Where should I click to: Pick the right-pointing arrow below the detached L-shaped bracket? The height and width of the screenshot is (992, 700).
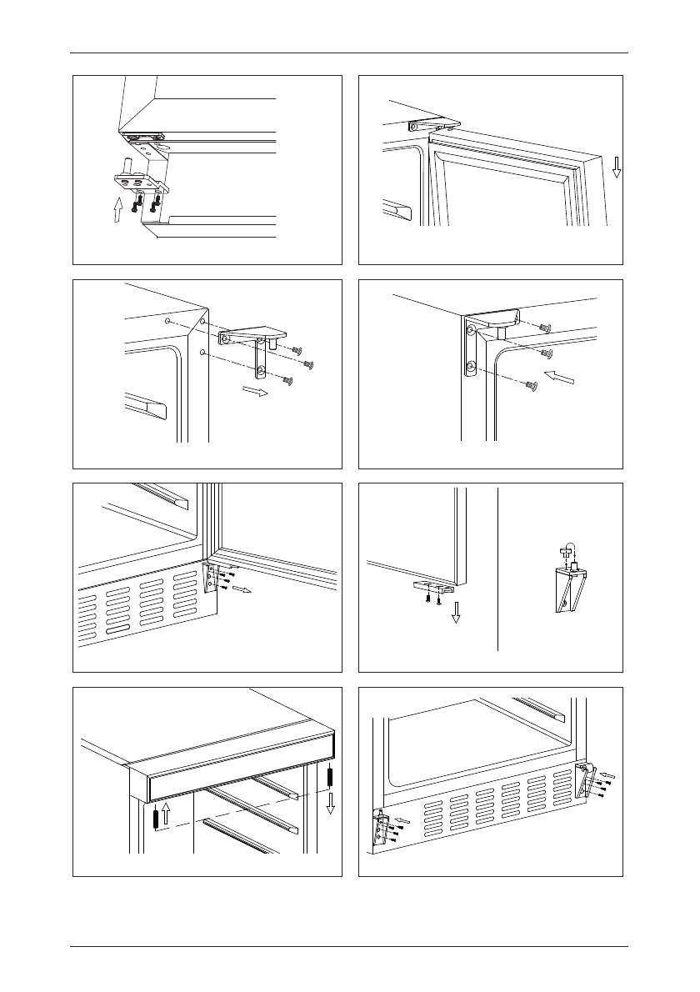pos(255,392)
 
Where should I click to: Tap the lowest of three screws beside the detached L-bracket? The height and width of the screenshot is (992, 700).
pos(288,381)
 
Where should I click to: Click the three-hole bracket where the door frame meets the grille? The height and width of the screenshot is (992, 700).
pos(211,578)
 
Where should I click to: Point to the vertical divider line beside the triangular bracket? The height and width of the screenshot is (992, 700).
pos(497,567)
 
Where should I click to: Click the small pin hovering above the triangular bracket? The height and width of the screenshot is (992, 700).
pos(566,549)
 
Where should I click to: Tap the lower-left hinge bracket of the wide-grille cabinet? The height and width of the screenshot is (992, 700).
pos(381,828)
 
